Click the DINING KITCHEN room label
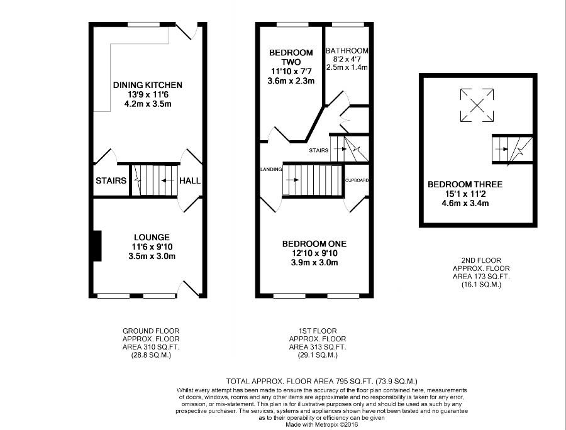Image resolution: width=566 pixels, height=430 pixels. click(148, 85)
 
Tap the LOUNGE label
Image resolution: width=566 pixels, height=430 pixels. click(152, 238)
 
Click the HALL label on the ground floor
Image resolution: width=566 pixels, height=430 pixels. click(190, 180)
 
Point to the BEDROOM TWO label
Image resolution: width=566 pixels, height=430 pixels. click(291, 57)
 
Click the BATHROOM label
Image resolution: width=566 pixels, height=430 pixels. click(347, 51)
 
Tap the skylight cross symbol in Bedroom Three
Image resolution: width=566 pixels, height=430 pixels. click(477, 106)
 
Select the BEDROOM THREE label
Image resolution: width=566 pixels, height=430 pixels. click(465, 184)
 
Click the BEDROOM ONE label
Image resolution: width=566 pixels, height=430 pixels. click(314, 244)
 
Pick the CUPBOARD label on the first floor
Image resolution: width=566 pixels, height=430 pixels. click(357, 180)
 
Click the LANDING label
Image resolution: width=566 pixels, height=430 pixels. click(271, 169)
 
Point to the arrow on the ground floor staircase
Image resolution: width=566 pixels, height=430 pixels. click(168, 180)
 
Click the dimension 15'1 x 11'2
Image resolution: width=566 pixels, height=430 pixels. click(465, 194)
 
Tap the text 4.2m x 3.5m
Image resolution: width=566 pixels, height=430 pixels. click(148, 104)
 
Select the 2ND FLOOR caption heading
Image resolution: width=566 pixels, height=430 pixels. click(481, 260)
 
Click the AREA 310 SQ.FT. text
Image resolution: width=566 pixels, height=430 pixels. click(151, 347)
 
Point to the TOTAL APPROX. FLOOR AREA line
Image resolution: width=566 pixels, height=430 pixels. click(321, 382)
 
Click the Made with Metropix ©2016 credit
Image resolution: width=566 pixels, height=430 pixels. click(321, 424)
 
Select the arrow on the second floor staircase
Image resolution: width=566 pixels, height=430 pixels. click(501, 148)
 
